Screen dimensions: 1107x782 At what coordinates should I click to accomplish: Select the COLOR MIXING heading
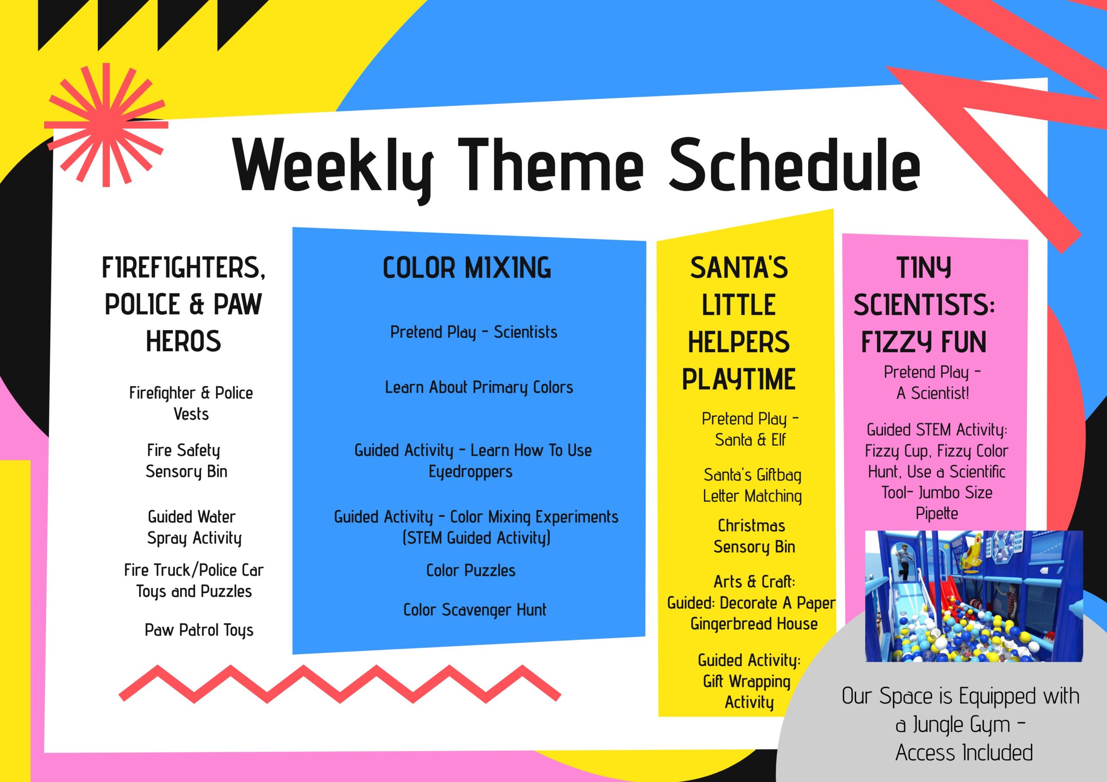[467, 268]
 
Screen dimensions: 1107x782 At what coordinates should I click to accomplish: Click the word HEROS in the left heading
[183, 341]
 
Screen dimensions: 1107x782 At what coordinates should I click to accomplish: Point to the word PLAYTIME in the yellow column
[739, 379]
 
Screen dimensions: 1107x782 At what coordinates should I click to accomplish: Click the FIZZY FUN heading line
[924, 342]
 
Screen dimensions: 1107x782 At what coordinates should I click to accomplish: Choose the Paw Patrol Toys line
[198, 630]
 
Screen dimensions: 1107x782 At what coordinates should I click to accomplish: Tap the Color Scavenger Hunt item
[475, 610]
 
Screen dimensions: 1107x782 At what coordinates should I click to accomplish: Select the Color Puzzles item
[470, 570]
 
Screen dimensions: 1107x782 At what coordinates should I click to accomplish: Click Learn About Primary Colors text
[479, 388]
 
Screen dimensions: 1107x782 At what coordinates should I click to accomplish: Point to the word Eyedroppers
[470, 472]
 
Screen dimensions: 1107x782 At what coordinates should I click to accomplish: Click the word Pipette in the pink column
[937, 514]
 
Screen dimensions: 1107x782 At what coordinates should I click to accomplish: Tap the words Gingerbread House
[754, 624]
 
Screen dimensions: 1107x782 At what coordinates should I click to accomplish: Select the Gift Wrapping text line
[747, 681]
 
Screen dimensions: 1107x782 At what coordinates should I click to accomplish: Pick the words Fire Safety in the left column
[183, 451]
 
